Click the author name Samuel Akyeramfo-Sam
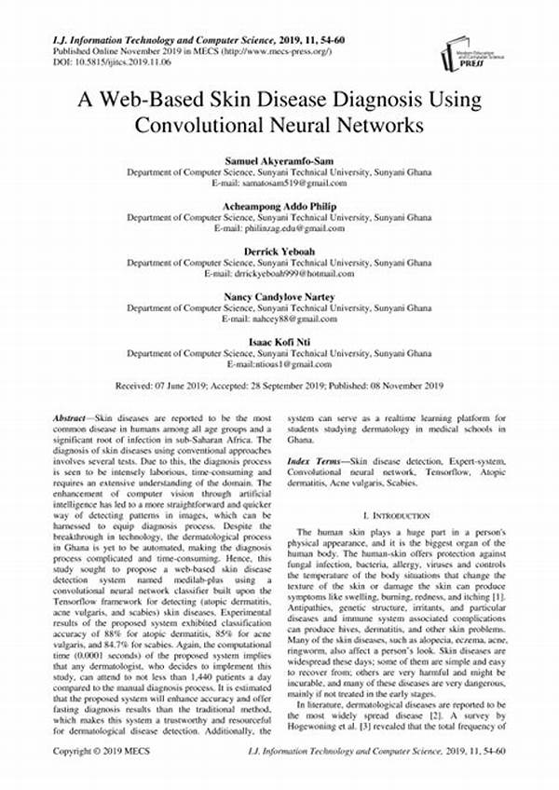click(x=279, y=161)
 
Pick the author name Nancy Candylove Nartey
click(x=279, y=297)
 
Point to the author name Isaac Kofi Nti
click(x=279, y=342)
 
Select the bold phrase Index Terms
click(x=315, y=461)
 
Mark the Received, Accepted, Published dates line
click(x=279, y=384)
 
